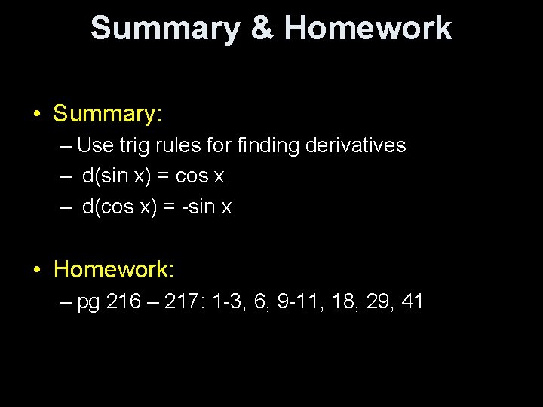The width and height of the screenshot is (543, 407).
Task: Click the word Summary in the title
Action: (165, 29)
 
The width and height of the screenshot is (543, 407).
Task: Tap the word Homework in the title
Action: (368, 29)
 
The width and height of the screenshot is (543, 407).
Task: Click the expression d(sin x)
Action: (120, 176)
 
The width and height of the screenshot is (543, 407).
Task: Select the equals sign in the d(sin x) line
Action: (164, 177)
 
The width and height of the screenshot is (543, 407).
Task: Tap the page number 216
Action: (124, 302)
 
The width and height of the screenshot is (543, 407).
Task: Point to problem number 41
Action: (412, 302)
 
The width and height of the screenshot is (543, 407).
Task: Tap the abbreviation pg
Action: (89, 304)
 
